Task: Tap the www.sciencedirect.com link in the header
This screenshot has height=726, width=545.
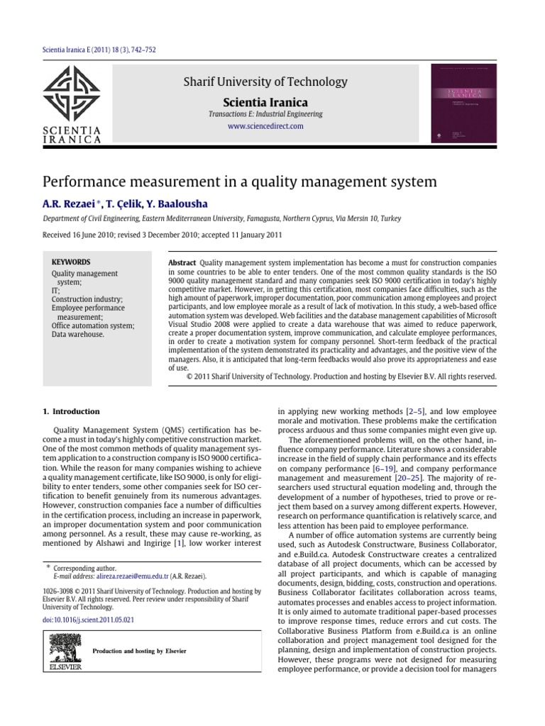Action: tap(265, 125)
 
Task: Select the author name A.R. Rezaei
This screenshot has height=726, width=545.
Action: tap(70, 205)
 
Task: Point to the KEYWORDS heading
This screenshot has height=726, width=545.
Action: tap(71, 262)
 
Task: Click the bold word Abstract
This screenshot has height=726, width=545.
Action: tap(182, 262)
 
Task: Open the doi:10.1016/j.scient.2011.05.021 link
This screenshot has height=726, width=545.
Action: tap(89, 620)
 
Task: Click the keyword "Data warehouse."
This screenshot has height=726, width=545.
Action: tap(77, 335)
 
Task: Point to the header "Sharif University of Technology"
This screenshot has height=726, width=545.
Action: tap(265, 82)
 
